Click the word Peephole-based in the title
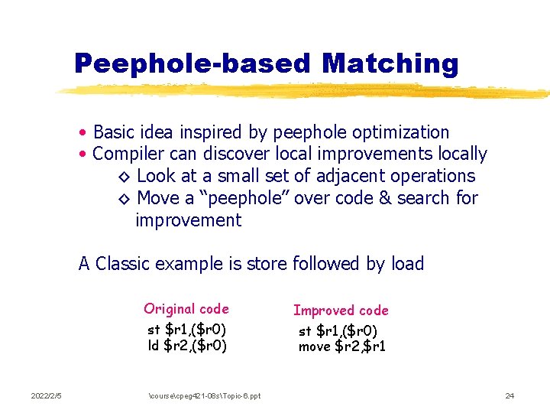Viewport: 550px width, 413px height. [x=194, y=63]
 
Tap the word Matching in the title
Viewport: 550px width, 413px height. [x=390, y=63]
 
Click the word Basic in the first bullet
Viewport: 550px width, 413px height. [x=114, y=132]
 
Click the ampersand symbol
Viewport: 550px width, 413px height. [x=383, y=198]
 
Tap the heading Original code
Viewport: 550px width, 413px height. [x=186, y=309]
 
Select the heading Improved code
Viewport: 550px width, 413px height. [x=341, y=311]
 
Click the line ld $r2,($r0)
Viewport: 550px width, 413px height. [x=187, y=345]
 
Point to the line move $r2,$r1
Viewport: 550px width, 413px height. [x=342, y=346]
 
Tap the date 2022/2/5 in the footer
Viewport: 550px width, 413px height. [x=46, y=395]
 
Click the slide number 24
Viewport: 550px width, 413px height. [x=510, y=395]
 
